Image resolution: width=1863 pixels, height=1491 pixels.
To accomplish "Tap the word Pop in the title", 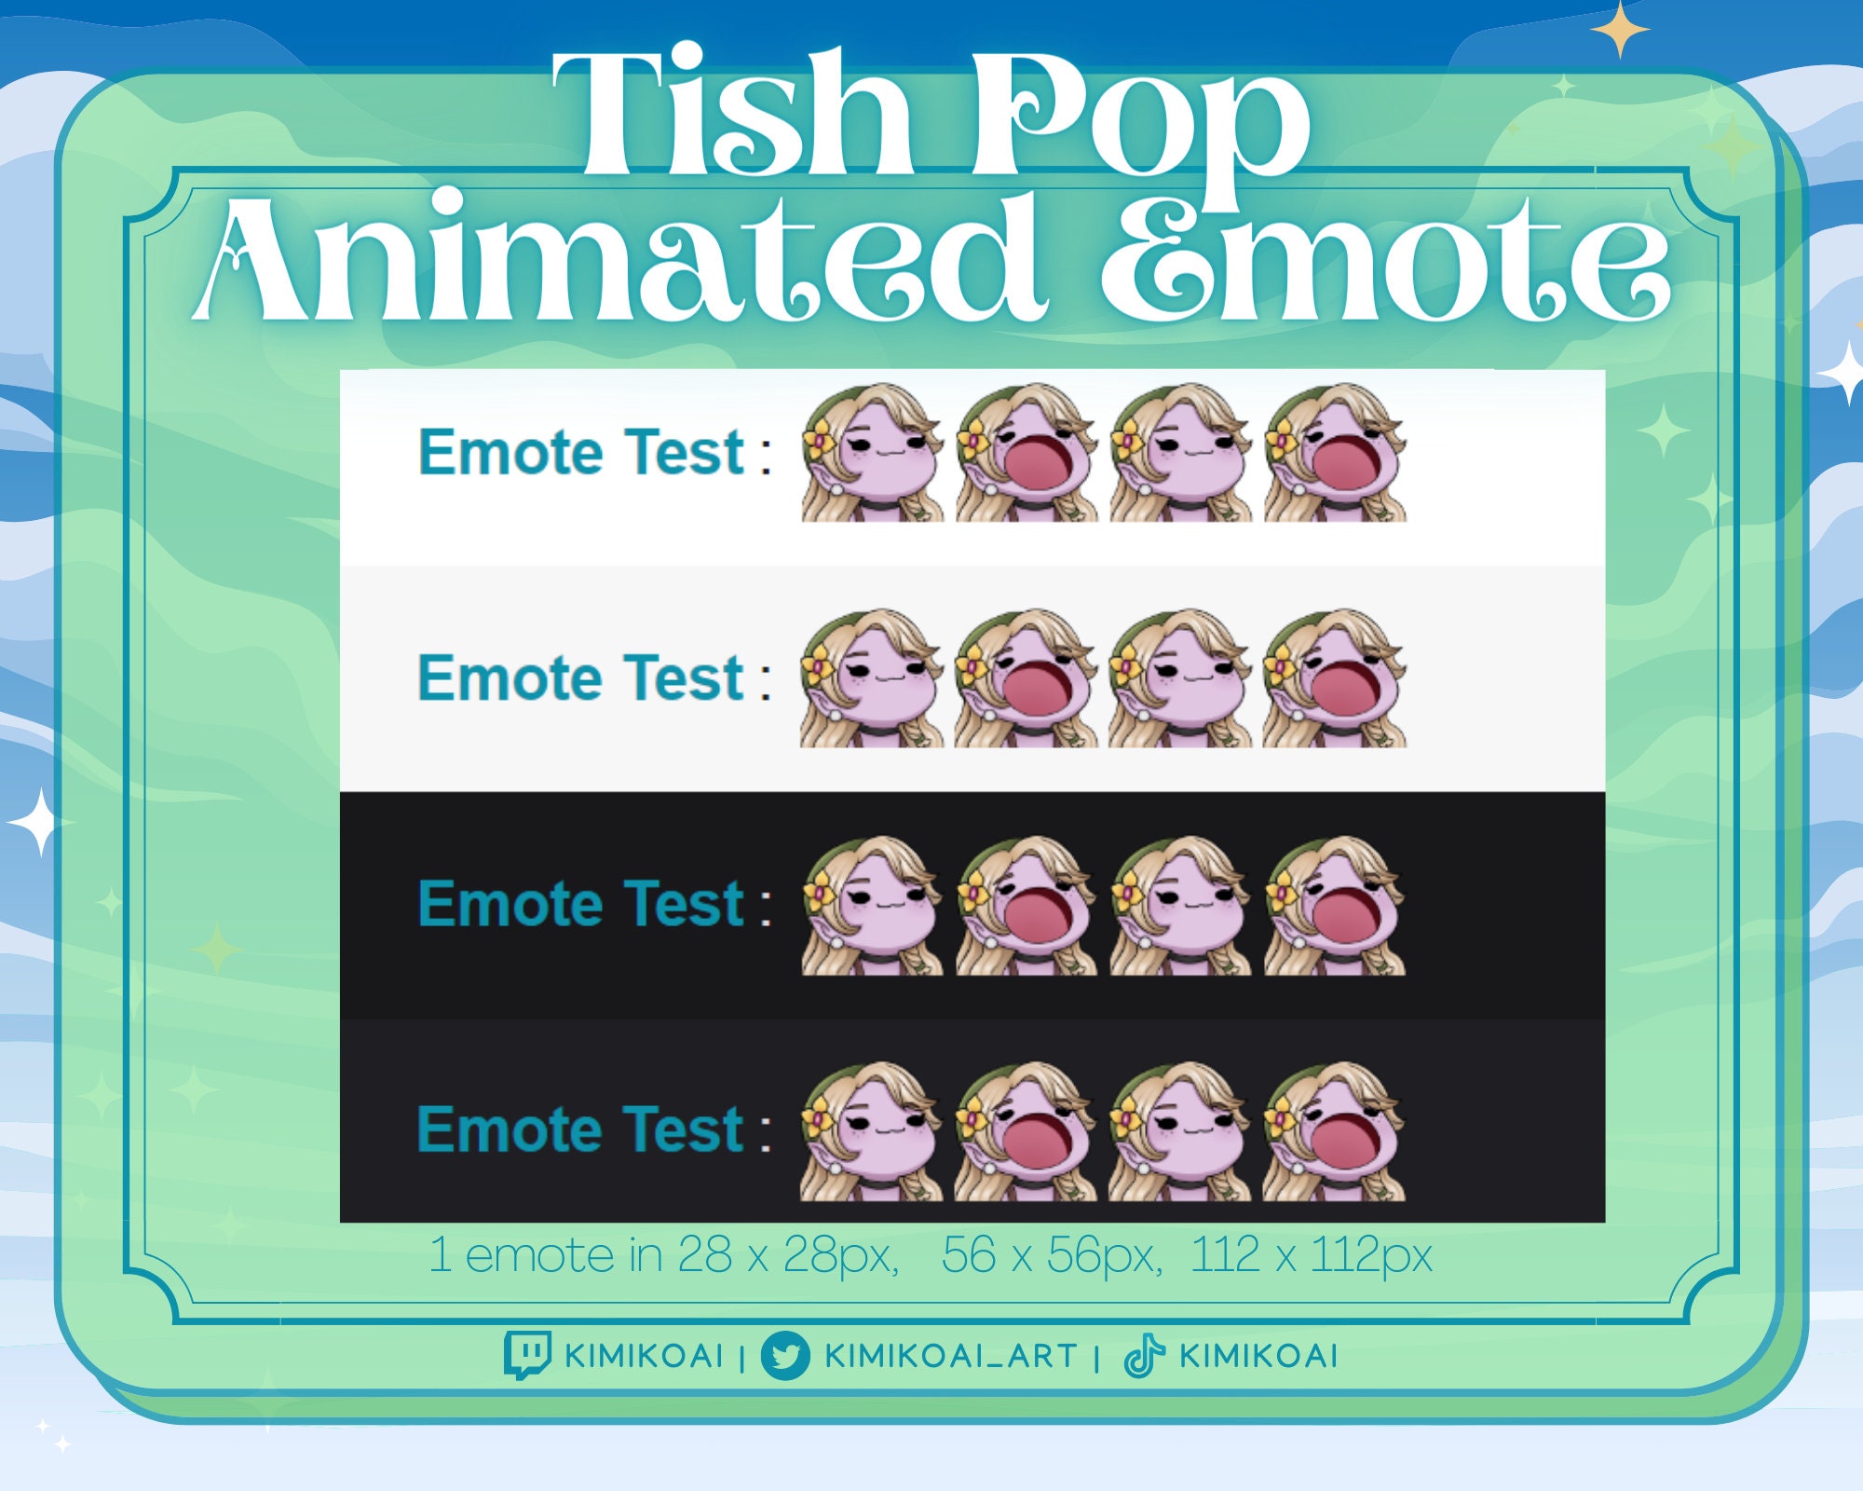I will (1141, 121).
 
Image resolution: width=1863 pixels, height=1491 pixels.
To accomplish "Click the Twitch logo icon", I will (527, 1354).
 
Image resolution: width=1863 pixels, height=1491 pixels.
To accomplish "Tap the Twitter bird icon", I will (784, 1355).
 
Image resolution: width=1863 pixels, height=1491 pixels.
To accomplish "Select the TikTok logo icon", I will (1144, 1355).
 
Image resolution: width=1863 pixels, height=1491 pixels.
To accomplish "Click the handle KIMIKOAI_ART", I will (950, 1356).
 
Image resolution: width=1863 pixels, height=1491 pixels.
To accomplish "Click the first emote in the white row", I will (872, 453).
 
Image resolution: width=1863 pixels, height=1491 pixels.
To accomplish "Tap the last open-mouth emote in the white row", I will (1335, 453).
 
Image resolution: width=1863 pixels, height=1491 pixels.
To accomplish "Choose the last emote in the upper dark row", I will (1335, 905).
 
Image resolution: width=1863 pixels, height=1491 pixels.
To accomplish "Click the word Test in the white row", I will (685, 453).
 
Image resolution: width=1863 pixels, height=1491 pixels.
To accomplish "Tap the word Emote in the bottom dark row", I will (510, 1130).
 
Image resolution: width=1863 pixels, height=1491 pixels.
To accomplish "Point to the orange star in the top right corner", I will (1620, 30).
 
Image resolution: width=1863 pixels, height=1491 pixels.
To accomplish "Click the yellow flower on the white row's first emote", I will (821, 441).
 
